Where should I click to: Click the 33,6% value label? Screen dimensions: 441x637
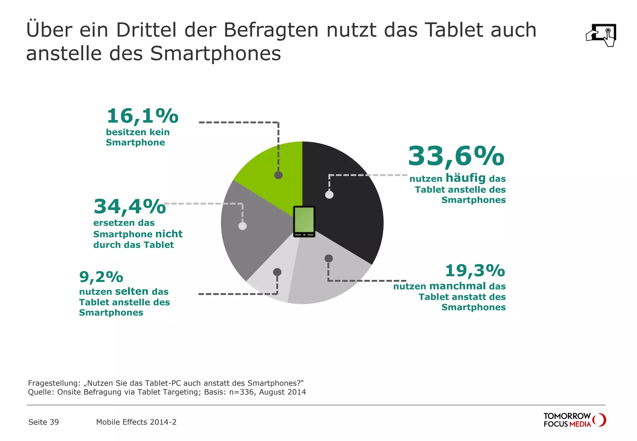[x=456, y=156]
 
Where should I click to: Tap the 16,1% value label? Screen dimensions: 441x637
[x=142, y=116]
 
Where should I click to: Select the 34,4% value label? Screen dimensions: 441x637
[x=130, y=207]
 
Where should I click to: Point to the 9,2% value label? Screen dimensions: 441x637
[x=101, y=277]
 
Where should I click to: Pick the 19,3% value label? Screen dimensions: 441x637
[x=475, y=271]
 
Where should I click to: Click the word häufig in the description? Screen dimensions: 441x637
[x=466, y=178]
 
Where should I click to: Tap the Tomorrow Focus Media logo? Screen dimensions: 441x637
[x=574, y=420]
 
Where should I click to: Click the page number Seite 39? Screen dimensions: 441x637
[x=44, y=422]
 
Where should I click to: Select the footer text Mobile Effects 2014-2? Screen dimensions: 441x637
[x=136, y=422]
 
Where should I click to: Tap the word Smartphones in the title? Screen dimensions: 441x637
[x=216, y=53]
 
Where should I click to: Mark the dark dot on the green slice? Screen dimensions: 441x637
[x=278, y=175]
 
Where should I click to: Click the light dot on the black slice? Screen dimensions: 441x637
[x=329, y=195]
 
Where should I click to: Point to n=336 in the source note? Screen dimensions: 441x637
[x=241, y=392]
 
